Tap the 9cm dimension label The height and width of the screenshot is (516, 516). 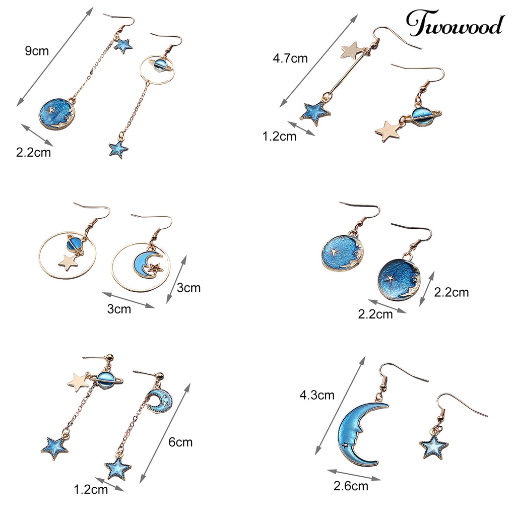tap(37, 51)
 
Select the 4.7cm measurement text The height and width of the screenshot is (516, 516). tap(290, 58)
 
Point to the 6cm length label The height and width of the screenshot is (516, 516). tap(180, 442)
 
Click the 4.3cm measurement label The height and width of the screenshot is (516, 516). tap(317, 395)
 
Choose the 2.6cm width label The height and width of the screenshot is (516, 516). tap(351, 486)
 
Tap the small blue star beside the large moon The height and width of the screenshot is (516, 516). tap(434, 447)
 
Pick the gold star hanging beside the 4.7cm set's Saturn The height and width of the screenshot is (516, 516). tap(388, 131)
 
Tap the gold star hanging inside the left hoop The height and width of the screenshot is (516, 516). tap(69, 262)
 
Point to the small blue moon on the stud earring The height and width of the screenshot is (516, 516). tap(160, 400)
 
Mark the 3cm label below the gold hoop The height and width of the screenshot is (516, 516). tap(119, 309)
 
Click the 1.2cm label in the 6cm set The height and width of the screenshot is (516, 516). tap(91, 489)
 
